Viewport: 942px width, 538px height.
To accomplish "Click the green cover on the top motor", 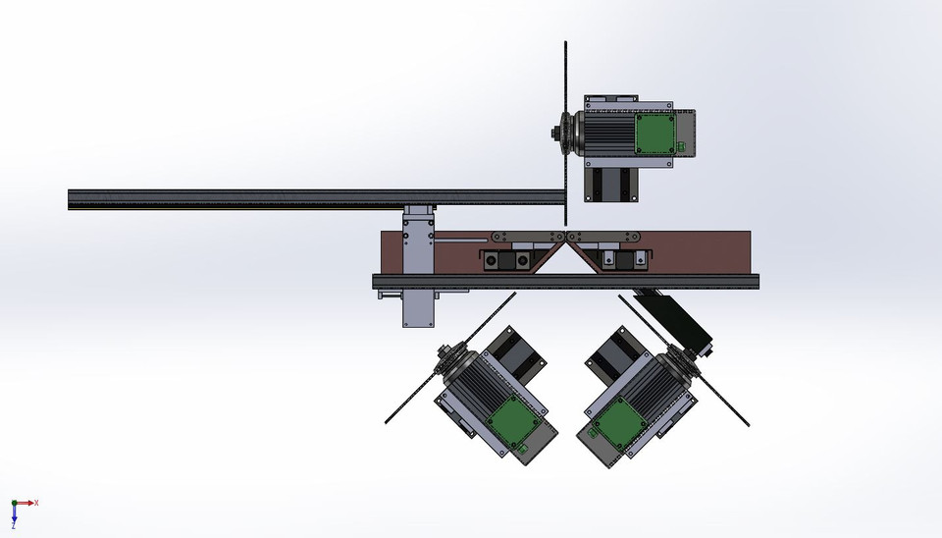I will tap(654, 134).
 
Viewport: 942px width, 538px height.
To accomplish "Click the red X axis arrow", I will tap(29, 503).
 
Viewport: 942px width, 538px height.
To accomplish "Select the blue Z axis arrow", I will tap(15, 517).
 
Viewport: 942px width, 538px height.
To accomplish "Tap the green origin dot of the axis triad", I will tap(15, 504).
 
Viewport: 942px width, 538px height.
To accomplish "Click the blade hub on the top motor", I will tap(559, 134).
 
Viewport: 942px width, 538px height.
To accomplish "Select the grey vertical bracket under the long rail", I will tap(418, 265).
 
